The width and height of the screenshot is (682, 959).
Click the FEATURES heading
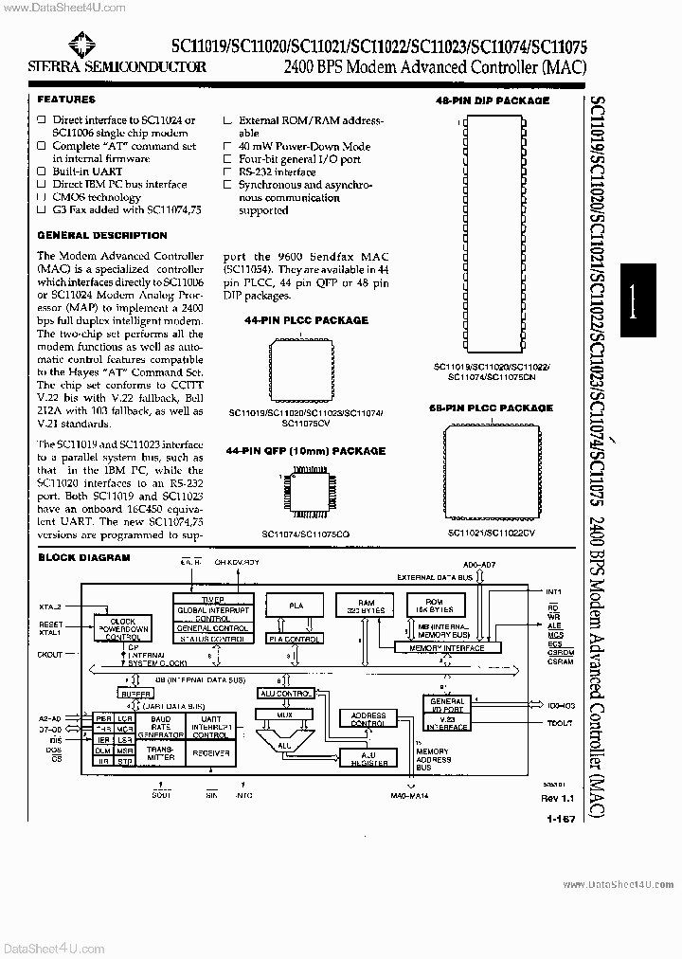pyautogui.click(x=65, y=100)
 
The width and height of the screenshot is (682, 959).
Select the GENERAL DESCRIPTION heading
pyautogui.click(x=101, y=235)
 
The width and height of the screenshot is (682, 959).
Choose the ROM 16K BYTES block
pyautogui.click(x=437, y=606)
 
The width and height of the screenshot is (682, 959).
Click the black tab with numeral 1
pyautogui.click(x=650, y=300)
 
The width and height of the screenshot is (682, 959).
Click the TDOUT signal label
pyautogui.click(x=560, y=723)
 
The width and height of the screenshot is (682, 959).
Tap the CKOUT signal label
pyautogui.click(x=50, y=654)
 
